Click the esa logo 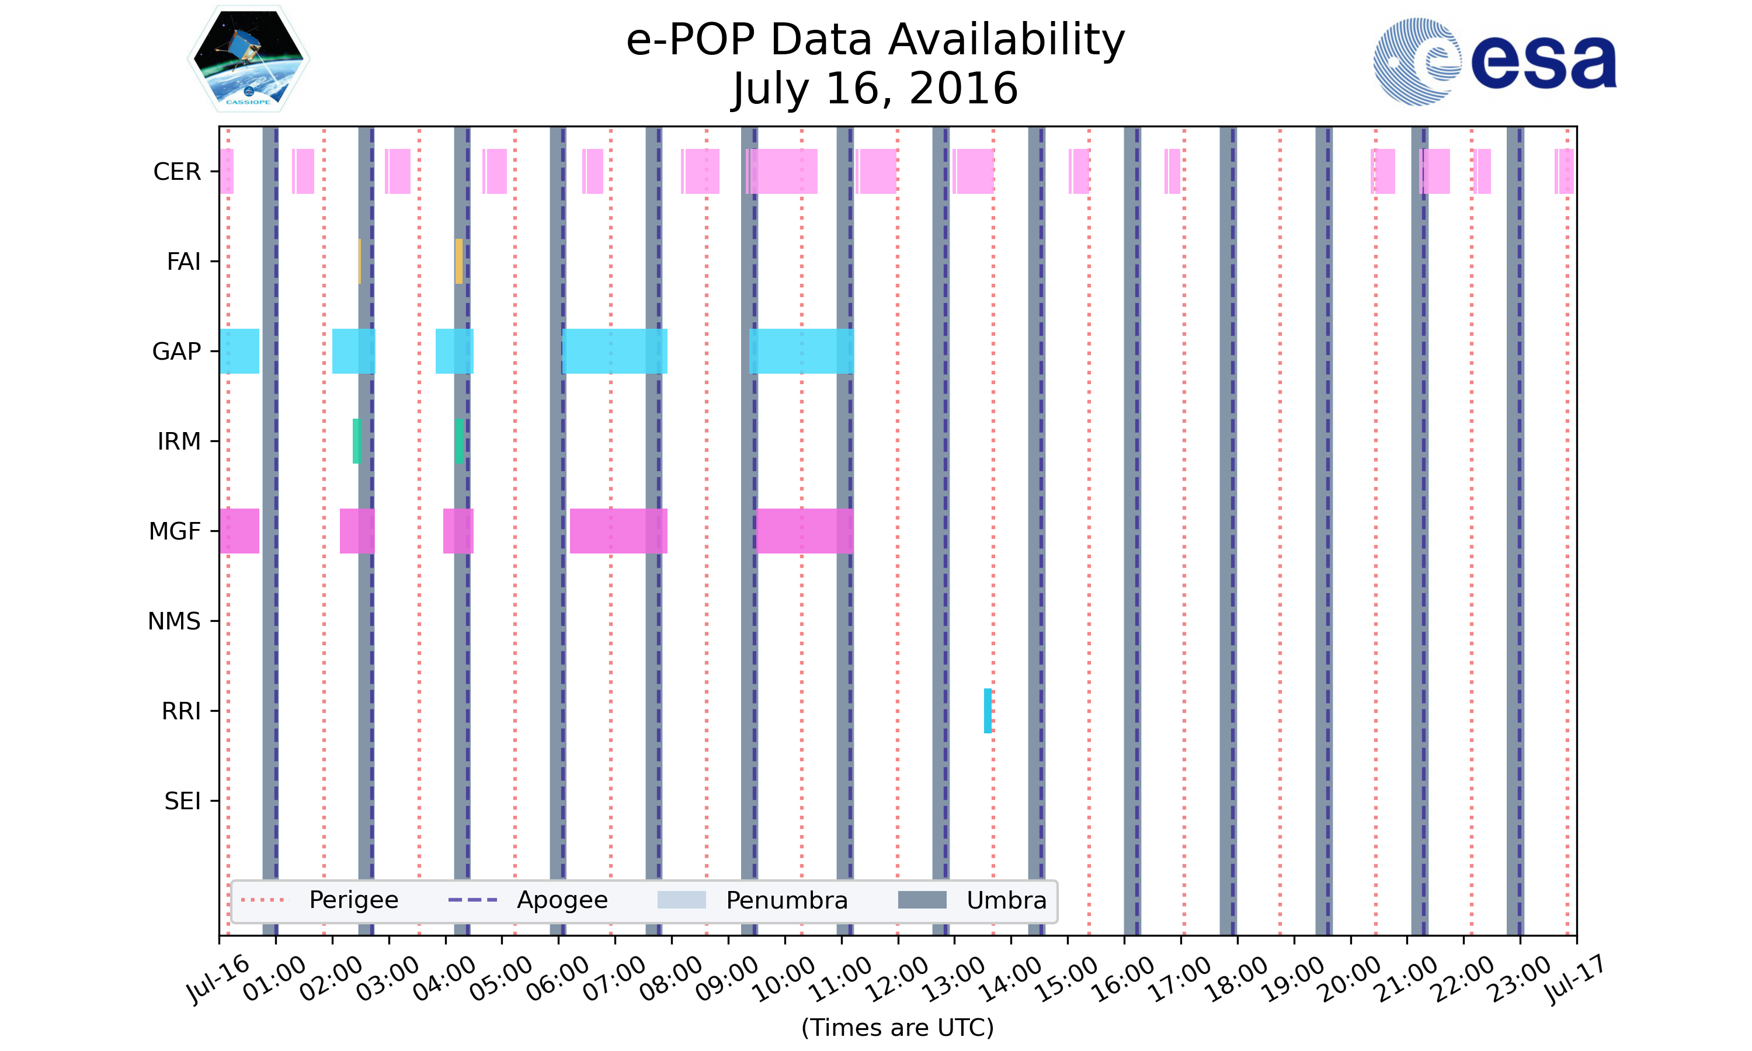pyautogui.click(x=1494, y=62)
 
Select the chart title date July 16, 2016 pyautogui.click(x=875, y=89)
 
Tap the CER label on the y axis pyautogui.click(x=177, y=172)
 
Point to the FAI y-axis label pyautogui.click(x=183, y=262)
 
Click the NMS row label pyautogui.click(x=173, y=622)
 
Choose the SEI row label pyautogui.click(x=182, y=802)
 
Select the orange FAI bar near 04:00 pyautogui.click(x=459, y=262)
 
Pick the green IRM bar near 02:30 pyautogui.click(x=356, y=441)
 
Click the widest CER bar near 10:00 pyautogui.click(x=783, y=172)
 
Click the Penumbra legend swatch pyautogui.click(x=682, y=900)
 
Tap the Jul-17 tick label pyautogui.click(x=1573, y=981)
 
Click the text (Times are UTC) pyautogui.click(x=897, y=1028)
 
